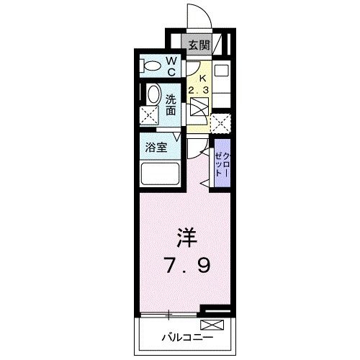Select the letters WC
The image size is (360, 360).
point(173,67)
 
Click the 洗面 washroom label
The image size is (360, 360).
point(171,105)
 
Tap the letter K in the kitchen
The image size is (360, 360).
point(202,77)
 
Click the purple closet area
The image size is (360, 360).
point(222,166)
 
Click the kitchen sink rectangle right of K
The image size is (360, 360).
point(221,72)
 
